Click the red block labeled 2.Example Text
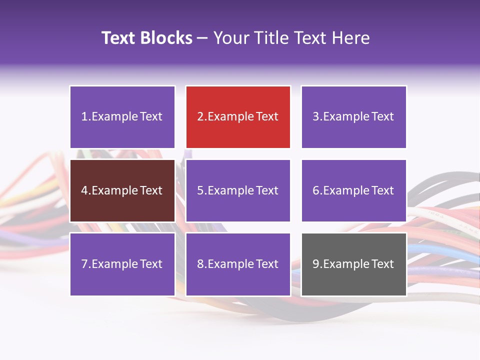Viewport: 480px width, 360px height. pyautogui.click(x=238, y=117)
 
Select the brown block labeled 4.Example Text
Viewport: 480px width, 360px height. pyautogui.click(x=122, y=190)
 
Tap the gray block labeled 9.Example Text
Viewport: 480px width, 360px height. pyautogui.click(x=353, y=264)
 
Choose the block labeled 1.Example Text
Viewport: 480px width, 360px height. pyautogui.click(x=122, y=117)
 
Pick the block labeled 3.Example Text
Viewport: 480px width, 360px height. pyautogui.click(x=353, y=117)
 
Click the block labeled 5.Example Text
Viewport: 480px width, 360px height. pyautogui.click(x=238, y=190)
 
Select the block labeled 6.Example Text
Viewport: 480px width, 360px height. pyautogui.click(x=353, y=190)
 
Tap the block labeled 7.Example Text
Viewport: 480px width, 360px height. pyautogui.click(x=122, y=264)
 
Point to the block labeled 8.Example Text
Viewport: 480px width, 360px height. pyautogui.click(x=238, y=264)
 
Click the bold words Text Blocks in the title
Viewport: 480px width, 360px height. pyautogui.click(x=147, y=38)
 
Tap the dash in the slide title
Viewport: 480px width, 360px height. pyautogui.click(x=203, y=38)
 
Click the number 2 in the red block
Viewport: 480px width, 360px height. pyautogui.click(x=200, y=117)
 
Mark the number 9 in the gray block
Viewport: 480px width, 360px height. pyautogui.click(x=316, y=264)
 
